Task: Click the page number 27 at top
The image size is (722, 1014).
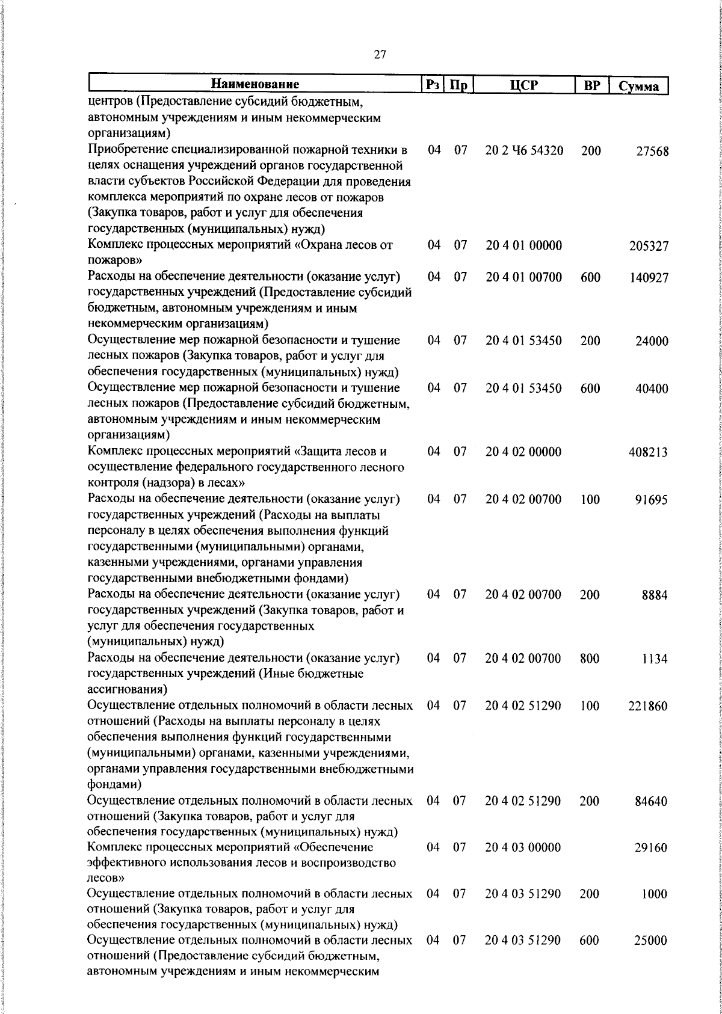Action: tap(380, 55)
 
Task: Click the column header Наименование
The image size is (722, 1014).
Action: tap(255, 84)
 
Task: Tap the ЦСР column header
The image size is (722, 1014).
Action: tap(523, 85)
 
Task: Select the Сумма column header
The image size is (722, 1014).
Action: tap(639, 86)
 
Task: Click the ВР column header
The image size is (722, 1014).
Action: tap(592, 85)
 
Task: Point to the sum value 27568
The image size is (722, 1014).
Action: tap(652, 151)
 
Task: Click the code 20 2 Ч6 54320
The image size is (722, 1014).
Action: tap(524, 150)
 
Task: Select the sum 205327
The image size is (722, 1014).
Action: tap(648, 246)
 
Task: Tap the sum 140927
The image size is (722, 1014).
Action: tap(648, 278)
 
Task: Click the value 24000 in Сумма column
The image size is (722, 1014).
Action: tap(652, 341)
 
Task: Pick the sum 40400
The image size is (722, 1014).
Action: tap(652, 389)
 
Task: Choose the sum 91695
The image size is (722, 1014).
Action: tap(652, 500)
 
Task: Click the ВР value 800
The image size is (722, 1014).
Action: tap(590, 659)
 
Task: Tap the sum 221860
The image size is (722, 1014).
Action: tap(648, 706)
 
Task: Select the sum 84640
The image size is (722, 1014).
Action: tap(652, 801)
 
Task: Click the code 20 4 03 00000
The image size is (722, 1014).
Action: tap(523, 847)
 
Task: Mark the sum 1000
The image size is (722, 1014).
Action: tap(654, 894)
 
